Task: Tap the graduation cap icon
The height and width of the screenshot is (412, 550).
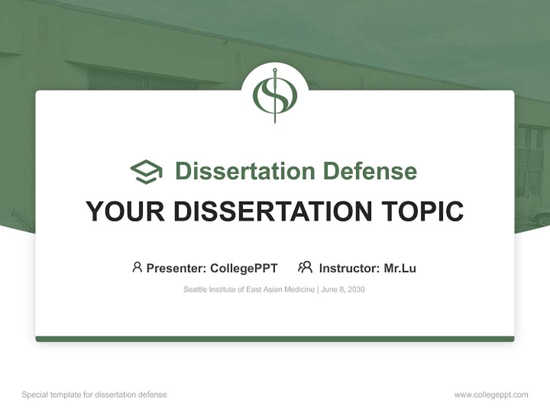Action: pyautogui.click(x=146, y=171)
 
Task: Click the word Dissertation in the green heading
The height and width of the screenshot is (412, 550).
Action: pyautogui.click(x=245, y=171)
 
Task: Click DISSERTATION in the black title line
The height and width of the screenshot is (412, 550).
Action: pyautogui.click(x=273, y=212)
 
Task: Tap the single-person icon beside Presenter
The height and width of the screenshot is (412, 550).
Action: pyautogui.click(x=137, y=267)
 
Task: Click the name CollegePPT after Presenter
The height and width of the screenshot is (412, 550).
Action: pyautogui.click(x=244, y=268)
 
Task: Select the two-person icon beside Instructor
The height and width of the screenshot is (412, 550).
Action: pyautogui.click(x=305, y=267)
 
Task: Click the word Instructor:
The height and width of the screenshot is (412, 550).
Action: pyautogui.click(x=349, y=268)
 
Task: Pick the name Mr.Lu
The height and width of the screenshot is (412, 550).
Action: pyautogui.click(x=400, y=268)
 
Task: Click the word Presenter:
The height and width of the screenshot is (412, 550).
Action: pyautogui.click(x=176, y=268)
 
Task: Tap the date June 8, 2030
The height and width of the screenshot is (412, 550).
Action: pyautogui.click(x=343, y=290)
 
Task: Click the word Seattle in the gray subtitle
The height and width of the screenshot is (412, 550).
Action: pyautogui.click(x=195, y=290)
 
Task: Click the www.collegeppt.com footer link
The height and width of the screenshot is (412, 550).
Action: pyautogui.click(x=491, y=395)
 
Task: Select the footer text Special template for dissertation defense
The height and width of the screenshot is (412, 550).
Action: pyautogui.click(x=95, y=395)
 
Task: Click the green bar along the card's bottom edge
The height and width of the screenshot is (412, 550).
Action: pyautogui.click(x=275, y=339)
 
